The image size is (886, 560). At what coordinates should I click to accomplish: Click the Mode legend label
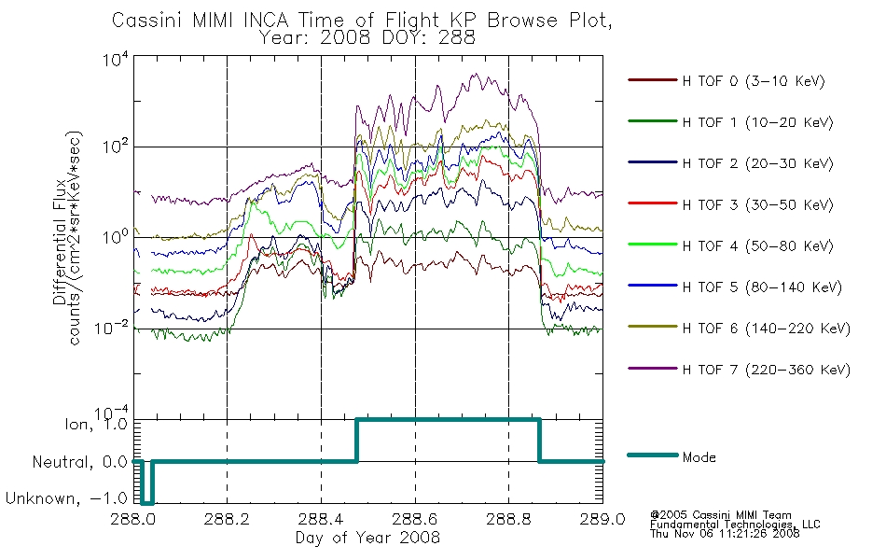tap(699, 457)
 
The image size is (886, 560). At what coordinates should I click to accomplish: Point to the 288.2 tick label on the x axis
tap(228, 519)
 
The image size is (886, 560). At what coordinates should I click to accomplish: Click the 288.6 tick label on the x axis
tap(415, 519)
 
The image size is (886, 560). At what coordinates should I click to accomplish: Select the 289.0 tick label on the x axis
tap(602, 519)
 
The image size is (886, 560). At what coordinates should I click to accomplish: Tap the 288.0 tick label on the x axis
tap(134, 519)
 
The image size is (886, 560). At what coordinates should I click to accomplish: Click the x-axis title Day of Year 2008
tap(367, 538)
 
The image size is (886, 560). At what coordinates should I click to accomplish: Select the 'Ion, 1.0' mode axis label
tap(96, 423)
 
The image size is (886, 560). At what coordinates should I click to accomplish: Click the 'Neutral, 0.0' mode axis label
tap(80, 462)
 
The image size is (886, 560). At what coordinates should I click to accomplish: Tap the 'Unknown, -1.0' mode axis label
tap(66, 498)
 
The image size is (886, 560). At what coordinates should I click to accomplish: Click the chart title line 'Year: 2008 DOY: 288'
tap(367, 38)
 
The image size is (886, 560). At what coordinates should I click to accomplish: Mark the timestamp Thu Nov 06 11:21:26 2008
tap(725, 533)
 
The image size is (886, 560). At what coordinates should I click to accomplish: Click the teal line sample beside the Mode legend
tap(653, 455)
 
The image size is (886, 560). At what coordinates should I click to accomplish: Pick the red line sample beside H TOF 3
tap(653, 203)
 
